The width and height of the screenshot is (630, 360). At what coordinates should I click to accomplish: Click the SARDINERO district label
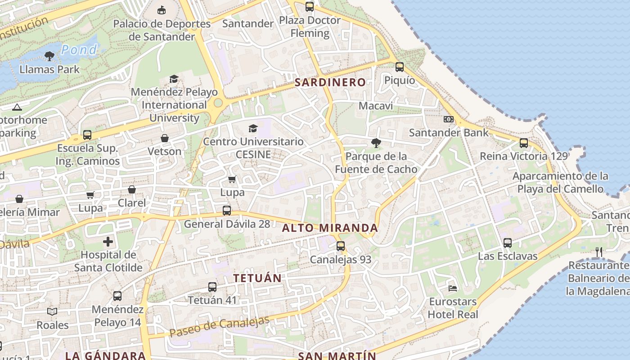click(330, 82)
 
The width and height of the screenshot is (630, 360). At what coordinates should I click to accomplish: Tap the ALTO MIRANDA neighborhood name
click(330, 228)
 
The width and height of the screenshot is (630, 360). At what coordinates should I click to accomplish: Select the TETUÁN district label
click(257, 278)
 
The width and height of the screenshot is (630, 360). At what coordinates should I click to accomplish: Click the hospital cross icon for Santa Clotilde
click(108, 242)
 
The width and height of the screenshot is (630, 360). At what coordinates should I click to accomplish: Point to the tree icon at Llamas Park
click(49, 56)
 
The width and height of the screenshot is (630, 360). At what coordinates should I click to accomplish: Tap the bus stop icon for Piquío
click(400, 67)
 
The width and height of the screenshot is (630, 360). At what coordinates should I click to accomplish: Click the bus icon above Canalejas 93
click(341, 246)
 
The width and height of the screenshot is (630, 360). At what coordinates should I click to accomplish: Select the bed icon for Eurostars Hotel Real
click(453, 288)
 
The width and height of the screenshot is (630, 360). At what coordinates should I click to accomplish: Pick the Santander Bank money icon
click(448, 119)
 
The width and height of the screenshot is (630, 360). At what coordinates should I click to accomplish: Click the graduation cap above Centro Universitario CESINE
click(253, 128)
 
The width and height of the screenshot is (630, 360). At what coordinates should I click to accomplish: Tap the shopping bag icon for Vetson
click(165, 138)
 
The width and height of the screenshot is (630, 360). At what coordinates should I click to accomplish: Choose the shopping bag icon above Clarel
click(132, 189)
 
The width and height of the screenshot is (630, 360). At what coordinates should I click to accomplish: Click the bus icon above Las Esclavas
click(508, 243)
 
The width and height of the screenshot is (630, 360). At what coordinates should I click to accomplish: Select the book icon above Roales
click(53, 311)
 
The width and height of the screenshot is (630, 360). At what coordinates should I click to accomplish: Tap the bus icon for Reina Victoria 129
click(524, 143)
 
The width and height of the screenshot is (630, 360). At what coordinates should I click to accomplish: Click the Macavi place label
click(376, 106)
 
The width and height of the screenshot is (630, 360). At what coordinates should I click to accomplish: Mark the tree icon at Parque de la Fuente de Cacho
click(376, 143)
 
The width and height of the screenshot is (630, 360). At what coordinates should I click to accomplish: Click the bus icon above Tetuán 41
click(212, 287)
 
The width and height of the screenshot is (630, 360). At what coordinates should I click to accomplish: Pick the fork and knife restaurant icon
click(599, 252)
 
